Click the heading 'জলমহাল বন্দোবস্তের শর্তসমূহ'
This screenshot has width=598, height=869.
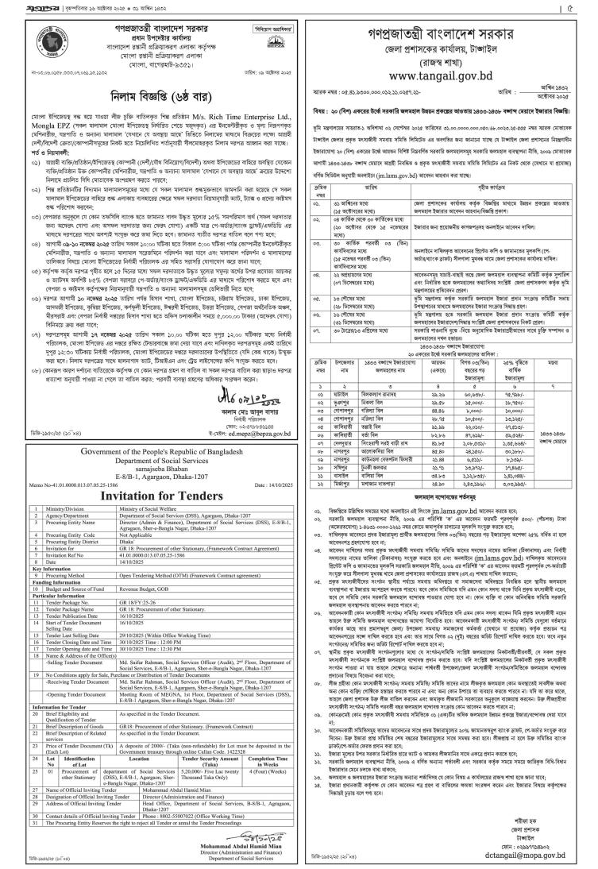pyautogui.click(x=450, y=536)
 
